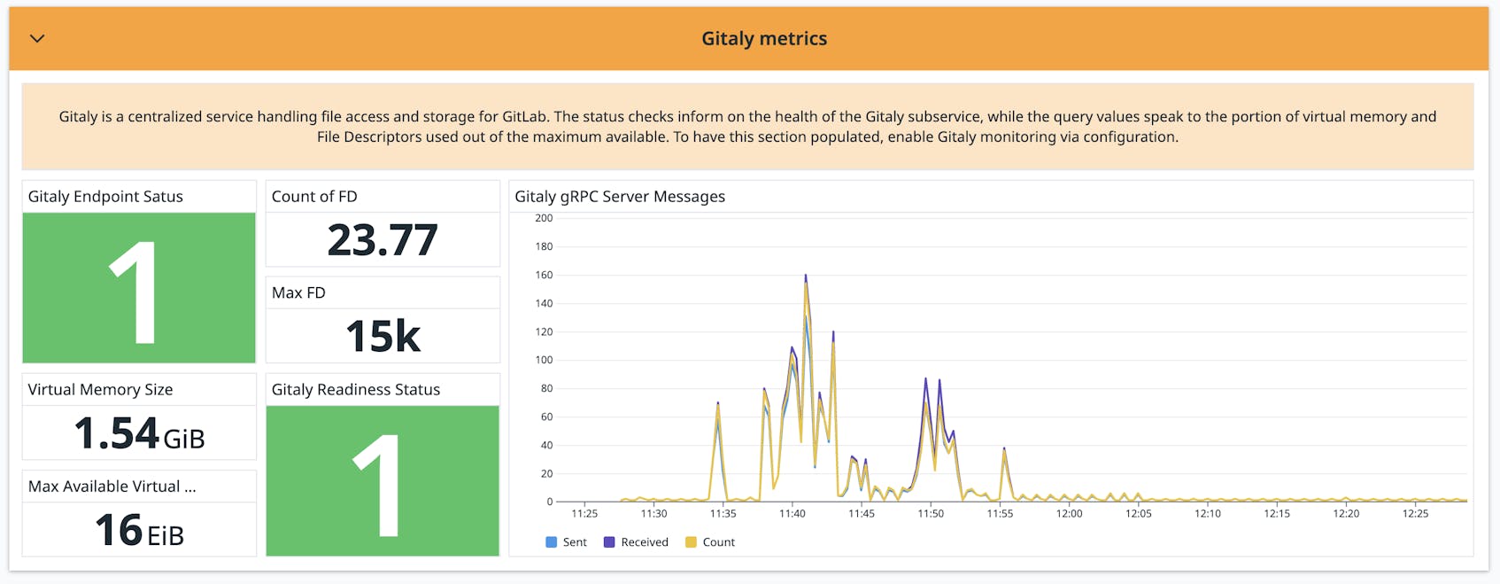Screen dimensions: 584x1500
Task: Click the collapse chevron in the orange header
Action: coord(37,39)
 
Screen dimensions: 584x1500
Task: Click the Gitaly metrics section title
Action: coord(764,39)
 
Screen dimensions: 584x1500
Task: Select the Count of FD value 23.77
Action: coord(383,240)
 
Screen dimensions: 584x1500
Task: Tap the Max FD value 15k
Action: coord(383,337)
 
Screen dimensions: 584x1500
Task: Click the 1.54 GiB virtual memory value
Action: coord(139,434)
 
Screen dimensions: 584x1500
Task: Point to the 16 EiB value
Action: coord(139,531)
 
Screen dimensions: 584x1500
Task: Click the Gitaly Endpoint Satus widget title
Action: coord(105,197)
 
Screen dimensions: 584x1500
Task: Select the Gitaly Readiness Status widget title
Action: coord(355,390)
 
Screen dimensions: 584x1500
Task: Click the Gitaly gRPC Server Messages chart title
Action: coord(620,197)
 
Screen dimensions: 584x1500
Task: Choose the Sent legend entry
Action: coord(567,542)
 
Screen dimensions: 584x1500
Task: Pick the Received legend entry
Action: coord(636,542)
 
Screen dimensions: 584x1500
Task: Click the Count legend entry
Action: coord(710,542)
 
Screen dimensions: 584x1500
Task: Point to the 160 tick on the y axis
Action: coord(544,275)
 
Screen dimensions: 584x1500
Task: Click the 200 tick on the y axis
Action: coord(544,218)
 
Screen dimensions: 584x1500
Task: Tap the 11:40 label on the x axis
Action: coord(792,514)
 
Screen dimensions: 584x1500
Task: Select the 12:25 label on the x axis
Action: coord(1415,514)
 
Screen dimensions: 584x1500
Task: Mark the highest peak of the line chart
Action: coord(806,276)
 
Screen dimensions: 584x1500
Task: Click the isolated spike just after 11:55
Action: coord(1004,450)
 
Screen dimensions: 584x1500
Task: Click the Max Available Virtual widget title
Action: coord(112,487)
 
